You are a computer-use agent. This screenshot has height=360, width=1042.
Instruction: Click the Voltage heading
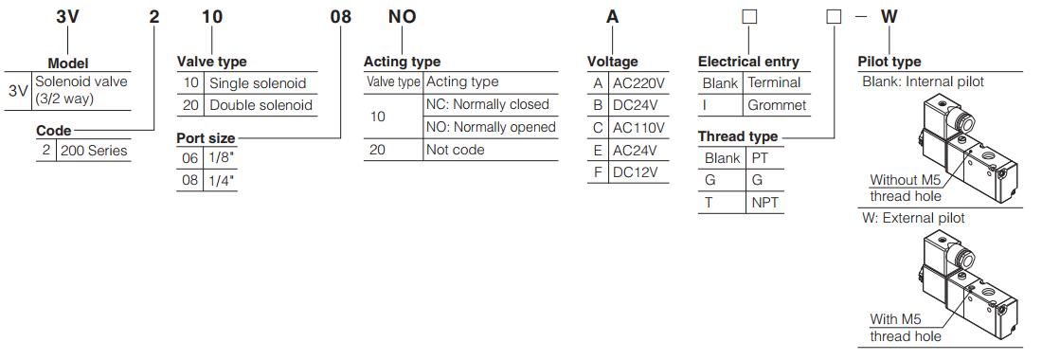613,62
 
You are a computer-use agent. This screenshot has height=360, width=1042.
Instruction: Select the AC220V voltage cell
638,83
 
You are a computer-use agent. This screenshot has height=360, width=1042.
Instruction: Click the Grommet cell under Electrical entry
777,105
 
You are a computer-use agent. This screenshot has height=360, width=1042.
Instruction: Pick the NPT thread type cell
764,203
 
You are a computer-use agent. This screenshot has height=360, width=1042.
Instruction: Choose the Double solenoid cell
260,105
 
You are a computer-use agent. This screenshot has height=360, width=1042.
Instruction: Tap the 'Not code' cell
455,151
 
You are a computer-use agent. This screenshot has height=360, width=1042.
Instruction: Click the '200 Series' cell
93,151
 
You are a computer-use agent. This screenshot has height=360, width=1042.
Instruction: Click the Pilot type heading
889,62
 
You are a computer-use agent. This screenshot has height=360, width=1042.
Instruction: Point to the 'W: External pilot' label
913,218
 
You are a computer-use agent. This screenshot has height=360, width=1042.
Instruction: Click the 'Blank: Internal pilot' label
923,82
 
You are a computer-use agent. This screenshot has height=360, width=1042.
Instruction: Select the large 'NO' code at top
403,17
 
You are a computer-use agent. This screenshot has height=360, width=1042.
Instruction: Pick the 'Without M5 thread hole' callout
906,189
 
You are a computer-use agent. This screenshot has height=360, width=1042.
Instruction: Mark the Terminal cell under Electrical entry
774,83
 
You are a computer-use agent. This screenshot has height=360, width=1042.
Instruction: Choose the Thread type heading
738,136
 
